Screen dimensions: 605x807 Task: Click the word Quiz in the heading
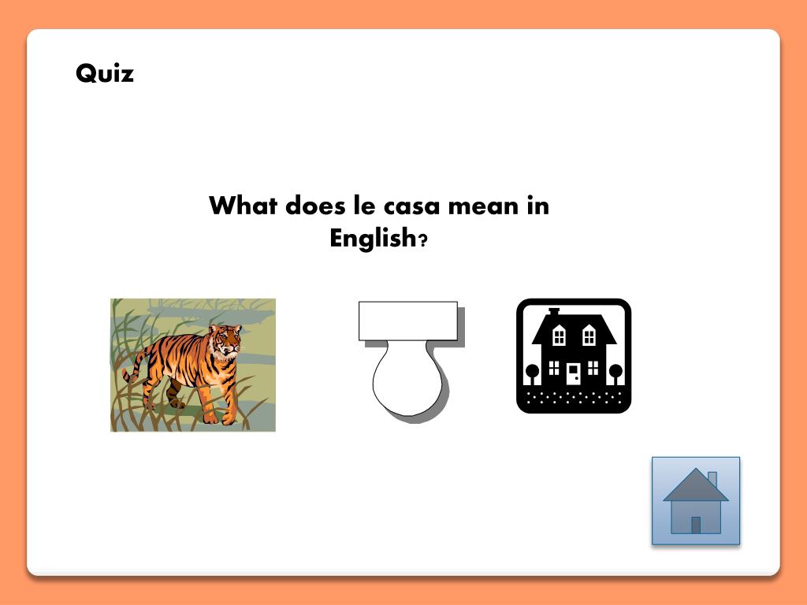105,73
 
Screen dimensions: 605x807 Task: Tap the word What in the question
243,206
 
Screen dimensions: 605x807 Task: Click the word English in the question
372,238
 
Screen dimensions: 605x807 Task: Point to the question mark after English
423,240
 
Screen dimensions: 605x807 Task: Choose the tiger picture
193,365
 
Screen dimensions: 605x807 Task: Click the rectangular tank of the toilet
407,321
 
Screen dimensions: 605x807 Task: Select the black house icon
574,356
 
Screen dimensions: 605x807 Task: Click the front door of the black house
574,373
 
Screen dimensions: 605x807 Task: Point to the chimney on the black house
554,312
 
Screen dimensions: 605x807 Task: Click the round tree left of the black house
532,371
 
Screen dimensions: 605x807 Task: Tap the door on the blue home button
696,525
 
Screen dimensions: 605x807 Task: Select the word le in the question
363,206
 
